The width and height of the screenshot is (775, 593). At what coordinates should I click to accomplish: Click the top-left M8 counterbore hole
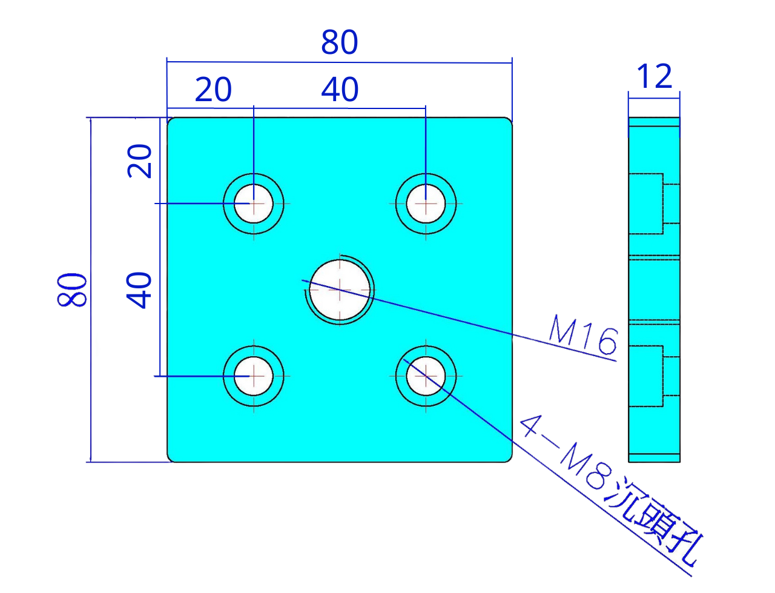click(x=254, y=204)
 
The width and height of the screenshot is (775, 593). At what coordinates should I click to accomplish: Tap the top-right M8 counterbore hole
click(x=426, y=204)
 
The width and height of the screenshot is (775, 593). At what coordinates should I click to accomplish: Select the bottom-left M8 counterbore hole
click(x=254, y=376)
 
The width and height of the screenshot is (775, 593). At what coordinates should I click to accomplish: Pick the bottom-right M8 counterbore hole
click(x=426, y=376)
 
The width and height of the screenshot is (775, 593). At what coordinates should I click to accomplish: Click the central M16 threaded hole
click(x=340, y=290)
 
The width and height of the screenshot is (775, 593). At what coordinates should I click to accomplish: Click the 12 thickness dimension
click(x=655, y=76)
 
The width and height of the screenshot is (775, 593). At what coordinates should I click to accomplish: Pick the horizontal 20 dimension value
click(x=213, y=90)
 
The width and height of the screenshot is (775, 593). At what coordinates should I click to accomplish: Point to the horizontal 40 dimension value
click(x=340, y=90)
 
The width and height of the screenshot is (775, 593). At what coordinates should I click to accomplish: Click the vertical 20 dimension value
click(x=140, y=161)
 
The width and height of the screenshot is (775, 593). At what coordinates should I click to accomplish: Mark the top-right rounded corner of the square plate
click(x=507, y=122)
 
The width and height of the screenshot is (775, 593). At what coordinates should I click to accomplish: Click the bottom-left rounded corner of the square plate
click(x=173, y=457)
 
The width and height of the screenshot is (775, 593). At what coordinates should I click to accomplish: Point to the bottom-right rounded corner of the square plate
click(x=507, y=457)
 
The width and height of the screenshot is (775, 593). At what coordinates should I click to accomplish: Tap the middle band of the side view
click(x=654, y=290)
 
